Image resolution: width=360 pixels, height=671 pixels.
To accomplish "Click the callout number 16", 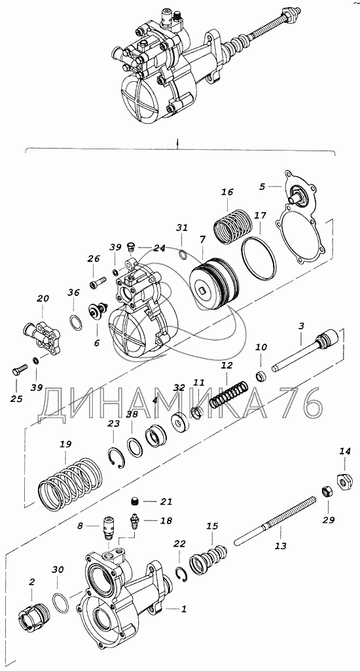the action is [x=227, y=192].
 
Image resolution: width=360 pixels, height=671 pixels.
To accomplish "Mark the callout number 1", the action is [x=184, y=609].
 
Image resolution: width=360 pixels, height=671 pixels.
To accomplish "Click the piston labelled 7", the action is [x=213, y=285].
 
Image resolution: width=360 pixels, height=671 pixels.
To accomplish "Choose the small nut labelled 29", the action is [x=326, y=491].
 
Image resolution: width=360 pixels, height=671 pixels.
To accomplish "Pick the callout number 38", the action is [x=132, y=414].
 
